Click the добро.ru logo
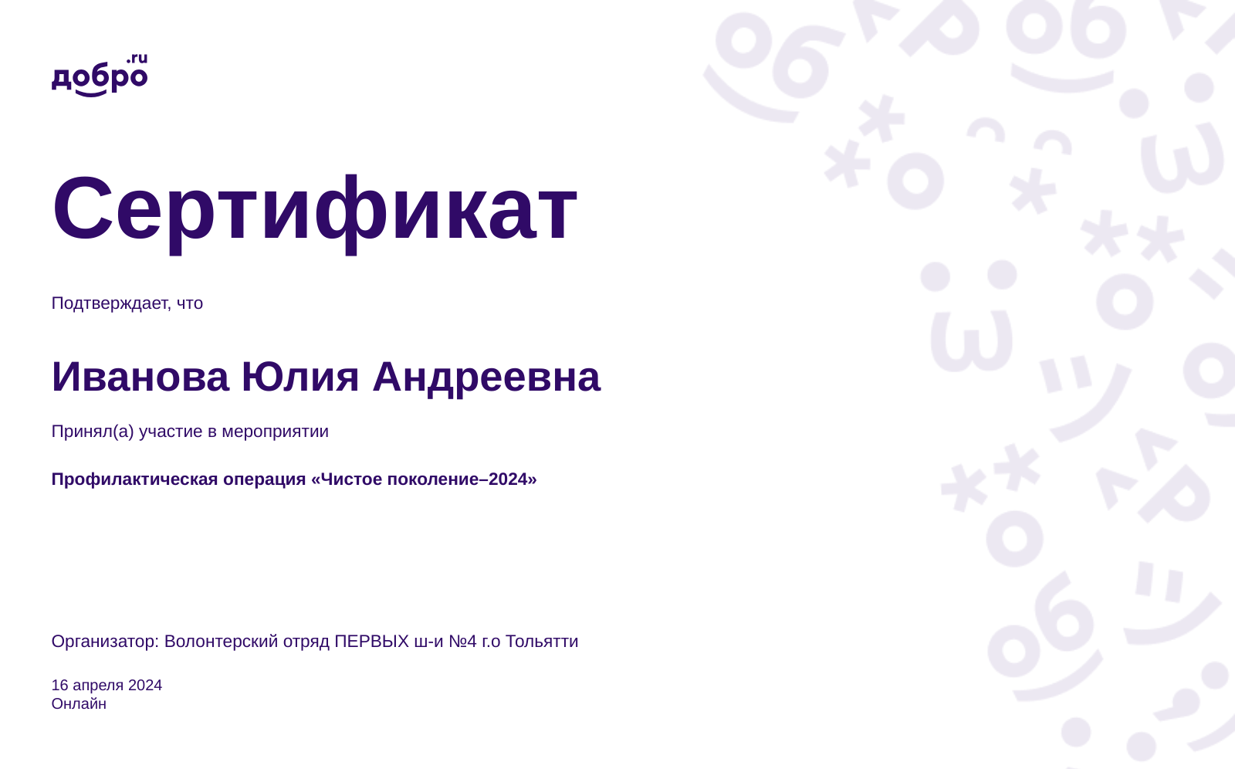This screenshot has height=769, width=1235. tap(100, 75)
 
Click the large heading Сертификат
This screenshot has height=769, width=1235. tap(315, 210)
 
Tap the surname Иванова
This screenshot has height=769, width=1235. tap(140, 378)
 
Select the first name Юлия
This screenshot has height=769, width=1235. tap(300, 378)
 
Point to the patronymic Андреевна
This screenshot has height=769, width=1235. tap(487, 378)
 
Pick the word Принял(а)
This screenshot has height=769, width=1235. tap(93, 432)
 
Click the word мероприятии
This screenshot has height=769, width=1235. tap(275, 432)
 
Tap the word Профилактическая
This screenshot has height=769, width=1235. tap(134, 479)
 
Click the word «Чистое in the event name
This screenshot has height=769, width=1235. tap(347, 479)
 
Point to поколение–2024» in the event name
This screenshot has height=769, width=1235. tap(462, 479)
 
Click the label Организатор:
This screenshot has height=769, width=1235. tap(105, 642)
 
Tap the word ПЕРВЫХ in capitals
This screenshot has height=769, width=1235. tap(371, 642)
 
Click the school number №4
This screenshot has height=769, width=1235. tap(462, 642)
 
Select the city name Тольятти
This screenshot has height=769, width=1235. tap(542, 642)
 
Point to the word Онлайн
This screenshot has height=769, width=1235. tap(79, 704)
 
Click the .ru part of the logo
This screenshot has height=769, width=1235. tap(137, 59)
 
